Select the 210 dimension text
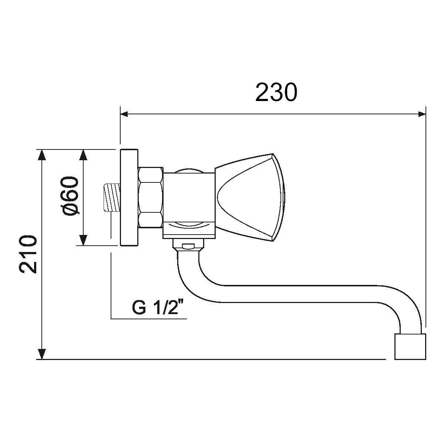coord(28,254)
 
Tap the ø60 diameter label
coord(70,196)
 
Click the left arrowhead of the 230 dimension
coord(124,114)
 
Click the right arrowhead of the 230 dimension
coord(422,114)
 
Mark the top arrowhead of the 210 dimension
coord(41,155)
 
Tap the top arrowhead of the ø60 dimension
coord(83,155)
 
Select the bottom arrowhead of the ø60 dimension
coord(83,240)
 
